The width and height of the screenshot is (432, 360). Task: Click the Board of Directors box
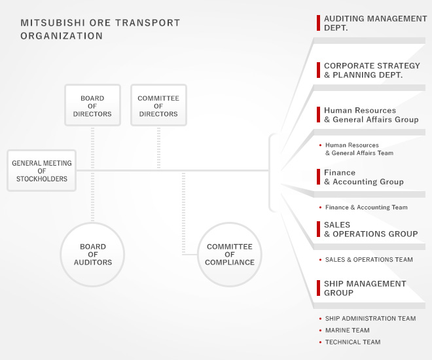tap(92, 105)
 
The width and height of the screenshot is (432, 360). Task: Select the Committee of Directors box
tap(158, 105)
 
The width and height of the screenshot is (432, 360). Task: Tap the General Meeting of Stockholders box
tap(42, 170)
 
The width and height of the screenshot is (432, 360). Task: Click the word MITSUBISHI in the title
tap(52, 23)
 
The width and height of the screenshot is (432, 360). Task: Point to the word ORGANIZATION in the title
tap(62, 36)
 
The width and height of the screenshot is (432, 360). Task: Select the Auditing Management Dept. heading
tap(375, 23)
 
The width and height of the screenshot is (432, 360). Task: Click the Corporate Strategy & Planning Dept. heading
tap(372, 70)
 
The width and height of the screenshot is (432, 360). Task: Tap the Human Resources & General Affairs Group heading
tap(371, 115)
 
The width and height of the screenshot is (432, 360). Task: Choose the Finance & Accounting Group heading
tap(364, 177)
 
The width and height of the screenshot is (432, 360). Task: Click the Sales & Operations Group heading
tap(371, 230)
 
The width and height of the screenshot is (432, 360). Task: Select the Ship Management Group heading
tap(365, 288)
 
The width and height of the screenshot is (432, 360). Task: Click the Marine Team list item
tap(348, 331)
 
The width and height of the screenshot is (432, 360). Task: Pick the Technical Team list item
tap(353, 342)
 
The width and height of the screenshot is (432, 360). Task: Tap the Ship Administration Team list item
tap(370, 318)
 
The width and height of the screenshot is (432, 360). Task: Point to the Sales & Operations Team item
tap(369, 259)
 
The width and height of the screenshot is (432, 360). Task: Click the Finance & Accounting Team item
tap(366, 207)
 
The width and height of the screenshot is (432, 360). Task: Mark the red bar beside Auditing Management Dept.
tap(319, 23)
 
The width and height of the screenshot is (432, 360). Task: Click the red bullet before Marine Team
tap(320, 331)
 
